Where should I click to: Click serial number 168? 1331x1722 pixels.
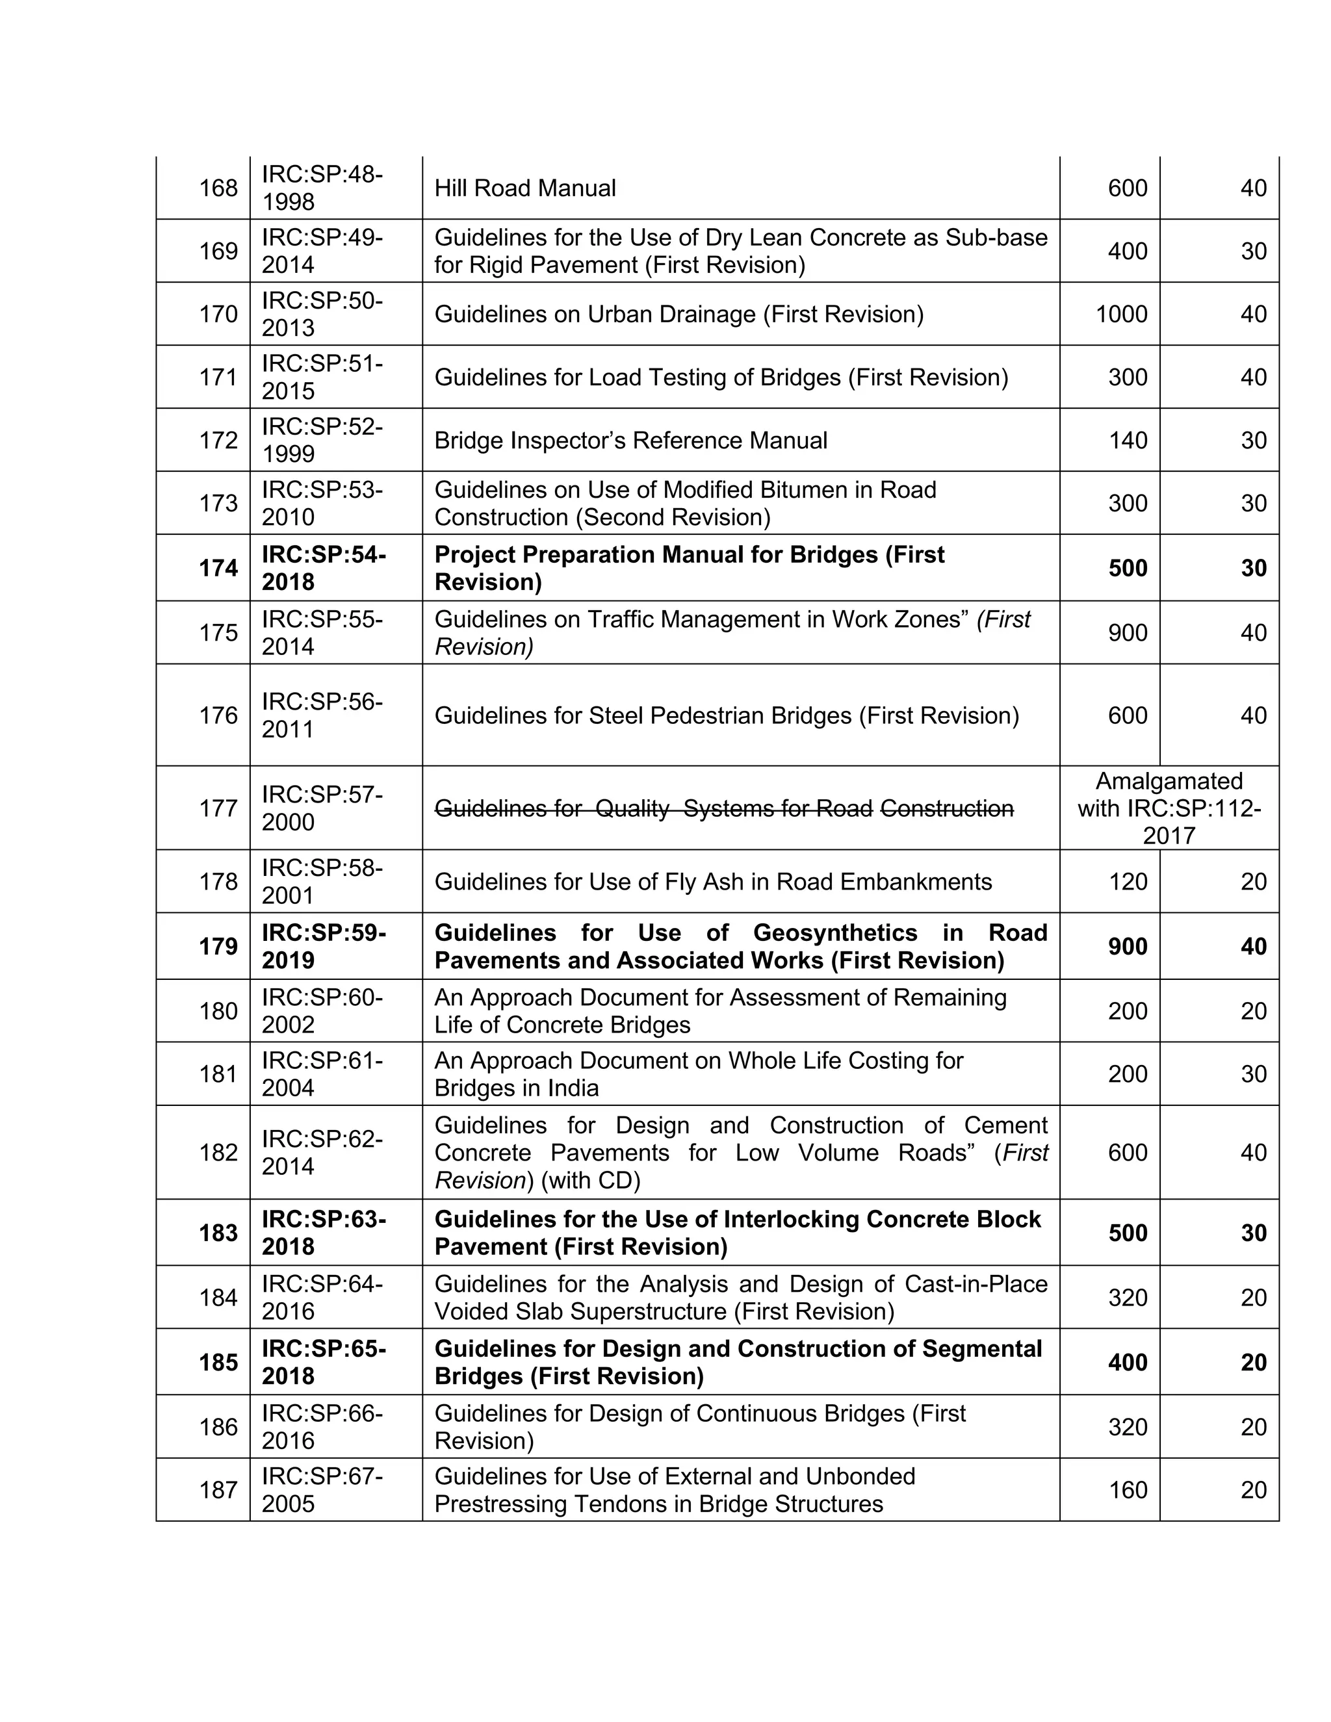pyautogui.click(x=218, y=188)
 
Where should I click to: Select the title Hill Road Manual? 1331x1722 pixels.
pyautogui.click(x=524, y=188)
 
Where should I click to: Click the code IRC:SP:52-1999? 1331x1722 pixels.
pyautogui.click(x=322, y=440)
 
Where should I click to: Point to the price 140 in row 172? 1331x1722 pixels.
pyautogui.click(x=1128, y=440)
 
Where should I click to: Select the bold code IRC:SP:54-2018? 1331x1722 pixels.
pyautogui.click(x=323, y=568)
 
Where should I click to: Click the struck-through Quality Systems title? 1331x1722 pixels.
pyautogui.click(x=723, y=808)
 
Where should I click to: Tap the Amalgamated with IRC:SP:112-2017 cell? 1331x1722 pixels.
pyautogui.click(x=1169, y=808)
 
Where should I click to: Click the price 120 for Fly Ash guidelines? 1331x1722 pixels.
pyautogui.click(x=1128, y=882)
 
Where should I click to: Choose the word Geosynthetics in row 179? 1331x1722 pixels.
pyautogui.click(x=835, y=932)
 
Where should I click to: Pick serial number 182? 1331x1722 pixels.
pyautogui.click(x=218, y=1152)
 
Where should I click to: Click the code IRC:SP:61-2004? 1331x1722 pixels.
pyautogui.click(x=322, y=1074)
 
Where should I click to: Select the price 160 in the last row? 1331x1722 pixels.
pyautogui.click(x=1128, y=1489)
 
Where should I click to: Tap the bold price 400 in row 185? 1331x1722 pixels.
pyautogui.click(x=1128, y=1361)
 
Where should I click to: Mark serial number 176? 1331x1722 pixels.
pyautogui.click(x=218, y=715)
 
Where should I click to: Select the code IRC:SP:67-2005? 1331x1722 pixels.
pyautogui.click(x=322, y=1489)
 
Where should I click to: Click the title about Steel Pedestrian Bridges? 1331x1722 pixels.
pyautogui.click(x=726, y=715)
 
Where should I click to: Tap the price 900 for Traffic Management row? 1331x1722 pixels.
pyautogui.click(x=1128, y=632)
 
